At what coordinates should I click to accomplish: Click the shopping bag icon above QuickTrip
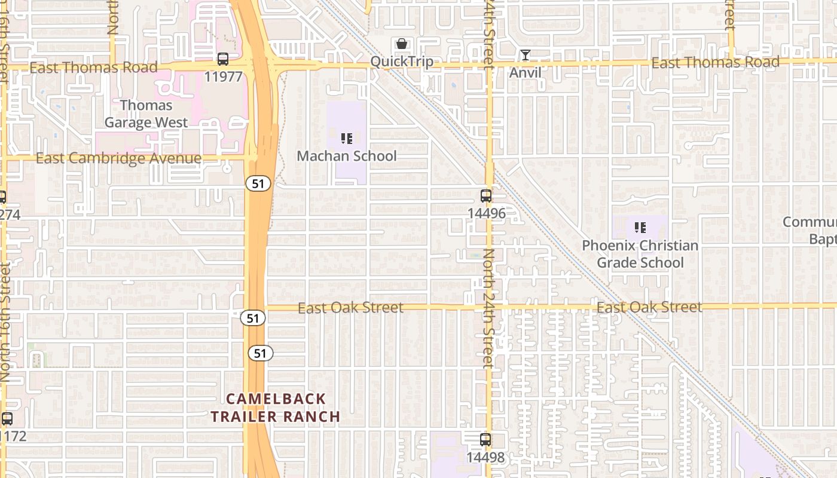point(402,44)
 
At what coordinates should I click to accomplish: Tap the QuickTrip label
point(402,62)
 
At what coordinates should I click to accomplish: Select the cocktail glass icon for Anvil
point(526,56)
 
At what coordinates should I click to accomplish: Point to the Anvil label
point(526,73)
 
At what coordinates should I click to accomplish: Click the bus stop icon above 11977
point(223,59)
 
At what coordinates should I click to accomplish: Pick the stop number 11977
point(223,76)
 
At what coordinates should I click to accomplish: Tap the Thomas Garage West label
point(146,114)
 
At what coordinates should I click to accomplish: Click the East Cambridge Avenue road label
point(118,158)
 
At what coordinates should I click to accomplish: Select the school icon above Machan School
point(347,139)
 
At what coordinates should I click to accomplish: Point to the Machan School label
point(347,156)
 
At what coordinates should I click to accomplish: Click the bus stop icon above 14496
point(486,195)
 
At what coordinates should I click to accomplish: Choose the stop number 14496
point(486,213)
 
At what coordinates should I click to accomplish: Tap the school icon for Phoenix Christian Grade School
point(640,228)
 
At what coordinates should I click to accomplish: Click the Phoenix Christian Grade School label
point(640,254)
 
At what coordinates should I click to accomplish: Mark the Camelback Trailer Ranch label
point(276,407)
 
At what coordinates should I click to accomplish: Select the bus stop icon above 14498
point(485,440)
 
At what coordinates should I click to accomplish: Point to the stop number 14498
point(485,458)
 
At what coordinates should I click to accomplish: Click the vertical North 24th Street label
point(488,308)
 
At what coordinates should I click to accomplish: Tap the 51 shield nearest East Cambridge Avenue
point(258,184)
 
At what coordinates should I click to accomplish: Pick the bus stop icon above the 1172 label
point(7,419)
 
